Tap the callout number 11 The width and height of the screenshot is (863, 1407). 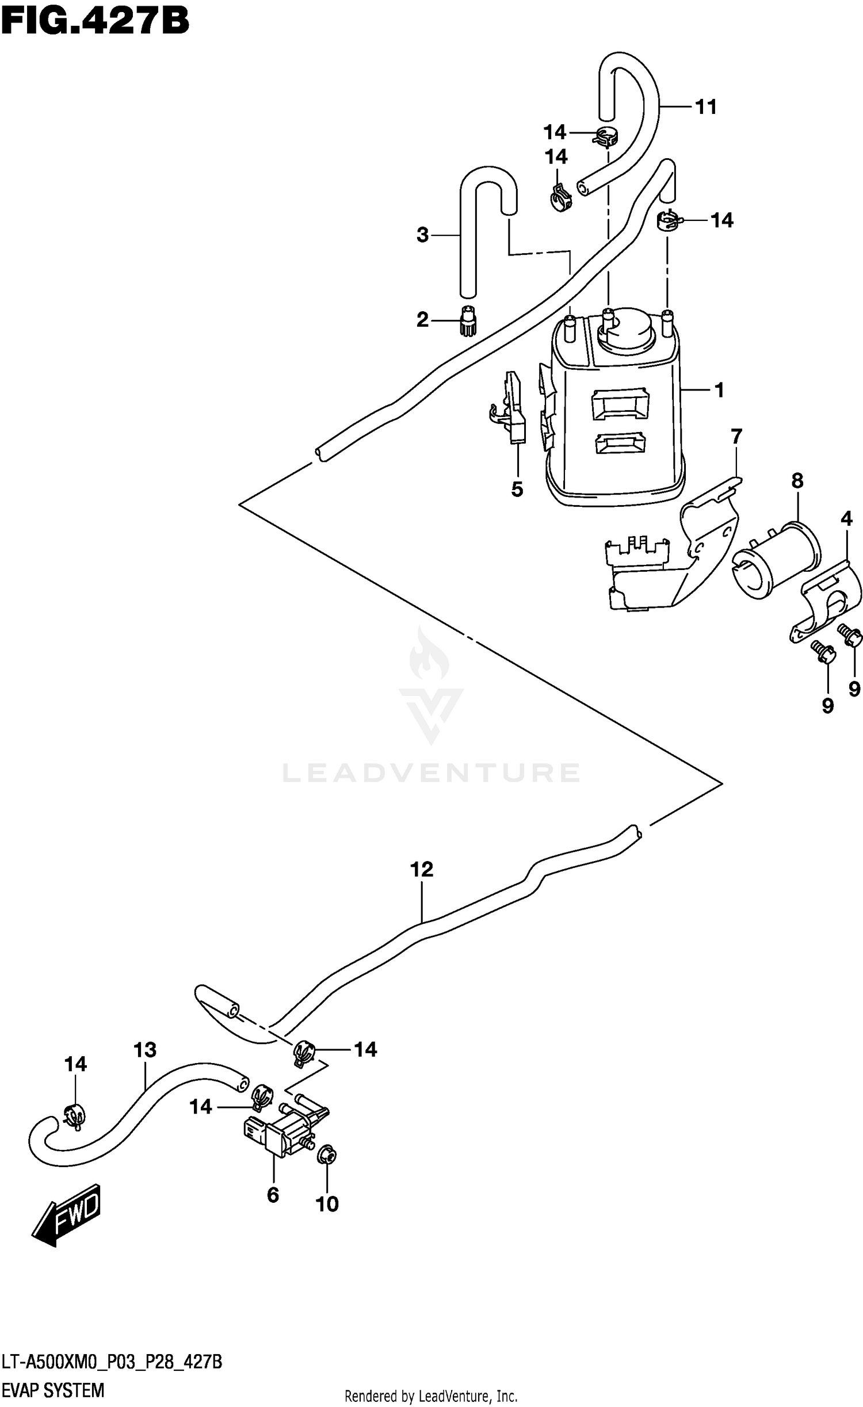[705, 107]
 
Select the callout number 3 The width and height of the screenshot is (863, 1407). [423, 235]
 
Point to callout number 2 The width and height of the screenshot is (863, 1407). [423, 320]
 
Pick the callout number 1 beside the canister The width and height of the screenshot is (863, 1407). [719, 390]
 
